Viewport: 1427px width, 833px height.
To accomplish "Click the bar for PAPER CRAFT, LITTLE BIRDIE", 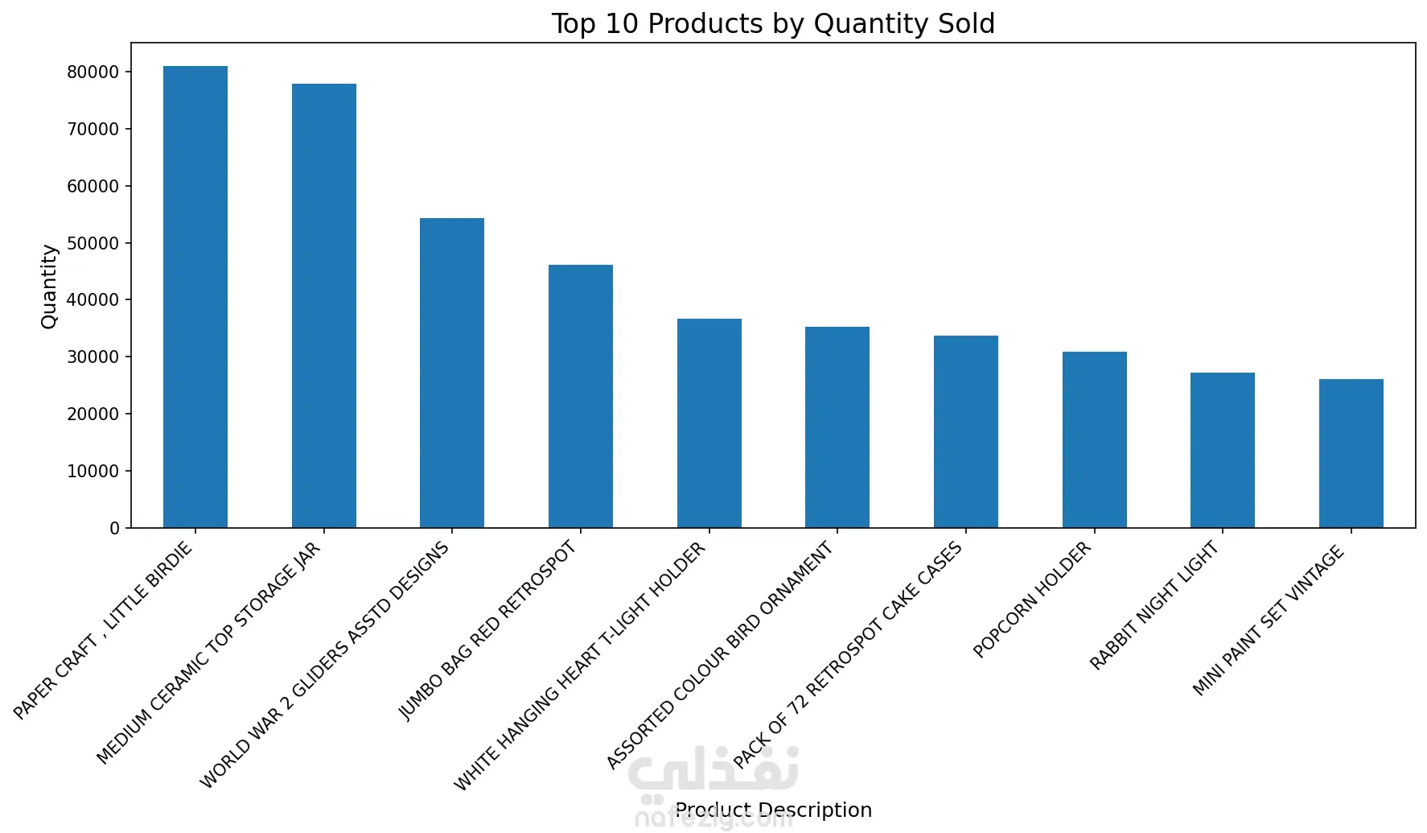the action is pyautogui.click(x=195, y=297).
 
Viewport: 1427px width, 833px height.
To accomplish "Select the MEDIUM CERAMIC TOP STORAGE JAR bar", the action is pyautogui.click(x=324, y=306).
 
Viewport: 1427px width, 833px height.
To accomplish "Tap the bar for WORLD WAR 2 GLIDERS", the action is pyautogui.click(x=452, y=373).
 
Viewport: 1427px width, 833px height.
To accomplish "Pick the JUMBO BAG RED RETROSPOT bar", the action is pyautogui.click(x=581, y=396).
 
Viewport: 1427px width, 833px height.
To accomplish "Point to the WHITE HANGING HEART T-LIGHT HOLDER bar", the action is pyautogui.click(x=709, y=423).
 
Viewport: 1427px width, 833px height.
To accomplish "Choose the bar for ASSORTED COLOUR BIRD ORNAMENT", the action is pyautogui.click(x=837, y=427).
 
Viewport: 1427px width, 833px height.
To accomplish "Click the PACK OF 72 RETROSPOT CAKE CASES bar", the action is pyautogui.click(x=966, y=431).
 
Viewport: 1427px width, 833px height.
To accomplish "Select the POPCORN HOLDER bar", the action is pyautogui.click(x=1095, y=439).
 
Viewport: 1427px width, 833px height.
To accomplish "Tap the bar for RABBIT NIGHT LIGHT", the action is pyautogui.click(x=1223, y=450).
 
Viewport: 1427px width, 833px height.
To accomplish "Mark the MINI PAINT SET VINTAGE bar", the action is pyautogui.click(x=1351, y=453).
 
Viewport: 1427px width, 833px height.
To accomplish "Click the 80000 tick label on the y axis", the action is pyautogui.click(x=93, y=72).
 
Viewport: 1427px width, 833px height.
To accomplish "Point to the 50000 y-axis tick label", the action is pyautogui.click(x=93, y=243).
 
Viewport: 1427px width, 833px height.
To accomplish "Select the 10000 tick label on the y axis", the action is pyautogui.click(x=93, y=471).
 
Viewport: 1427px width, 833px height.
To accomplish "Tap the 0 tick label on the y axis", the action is pyautogui.click(x=114, y=528).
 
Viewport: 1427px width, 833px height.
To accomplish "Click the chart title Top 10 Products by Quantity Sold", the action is pyautogui.click(x=773, y=23).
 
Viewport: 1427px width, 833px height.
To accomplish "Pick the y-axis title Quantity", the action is pyautogui.click(x=49, y=287).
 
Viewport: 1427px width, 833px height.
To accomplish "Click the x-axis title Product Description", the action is pyautogui.click(x=773, y=810).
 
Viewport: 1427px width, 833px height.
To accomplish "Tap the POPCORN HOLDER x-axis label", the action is pyautogui.click(x=1032, y=600).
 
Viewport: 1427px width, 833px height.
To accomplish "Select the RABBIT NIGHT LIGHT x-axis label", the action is pyautogui.click(x=1154, y=605).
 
